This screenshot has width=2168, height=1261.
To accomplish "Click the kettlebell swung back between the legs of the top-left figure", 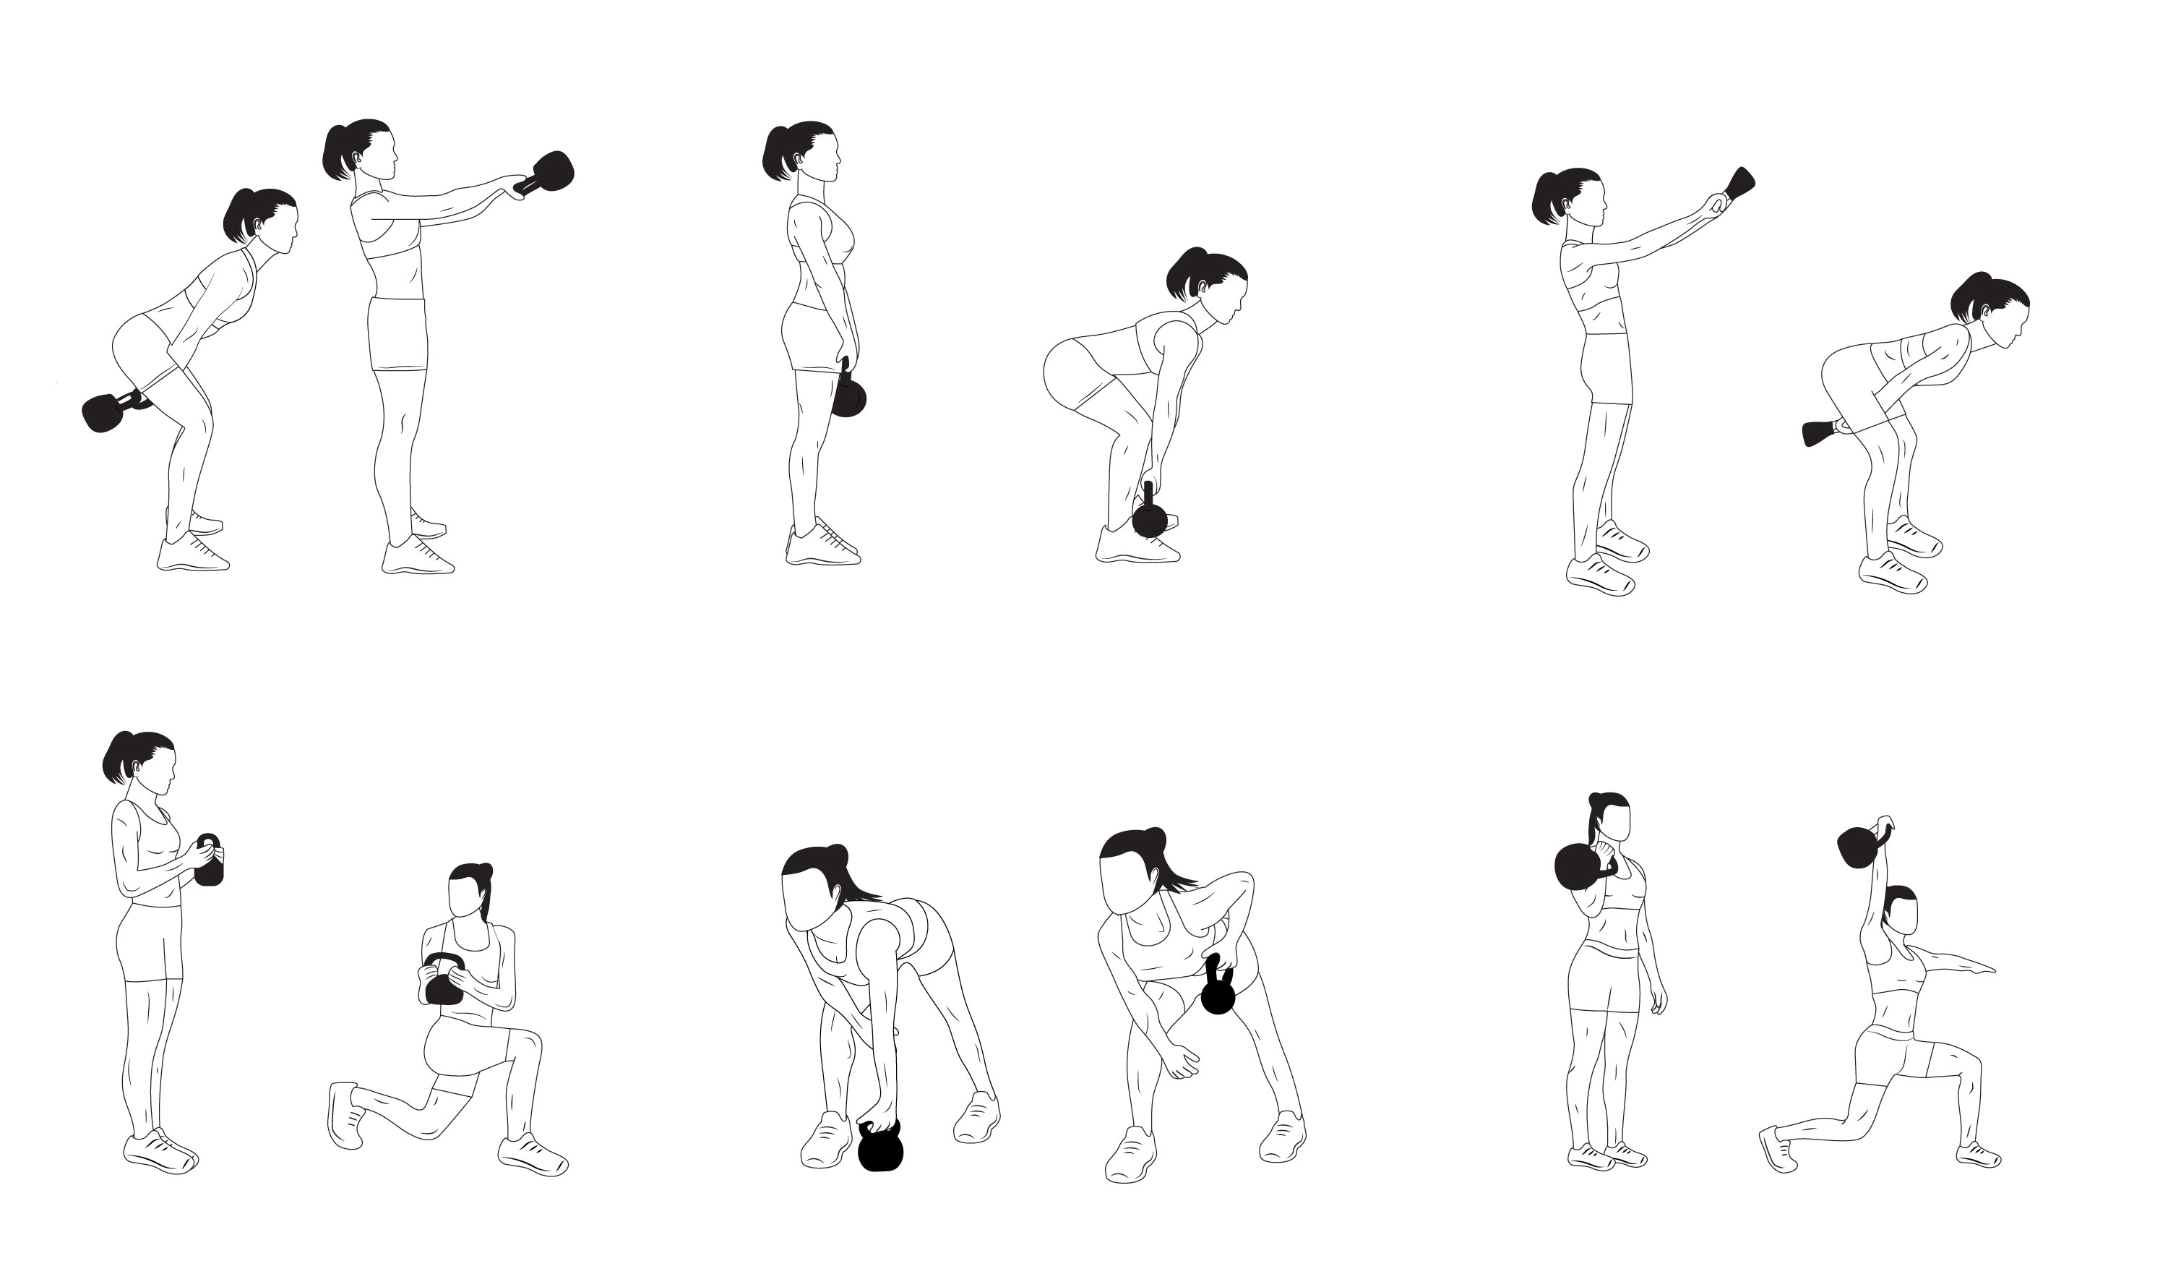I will tap(103, 412).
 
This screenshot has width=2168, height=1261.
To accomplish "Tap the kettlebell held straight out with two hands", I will tap(551, 171).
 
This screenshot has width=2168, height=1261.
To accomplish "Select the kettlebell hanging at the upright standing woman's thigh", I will tap(848, 396).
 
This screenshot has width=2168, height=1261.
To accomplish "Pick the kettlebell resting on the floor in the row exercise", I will tap(880, 1148).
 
